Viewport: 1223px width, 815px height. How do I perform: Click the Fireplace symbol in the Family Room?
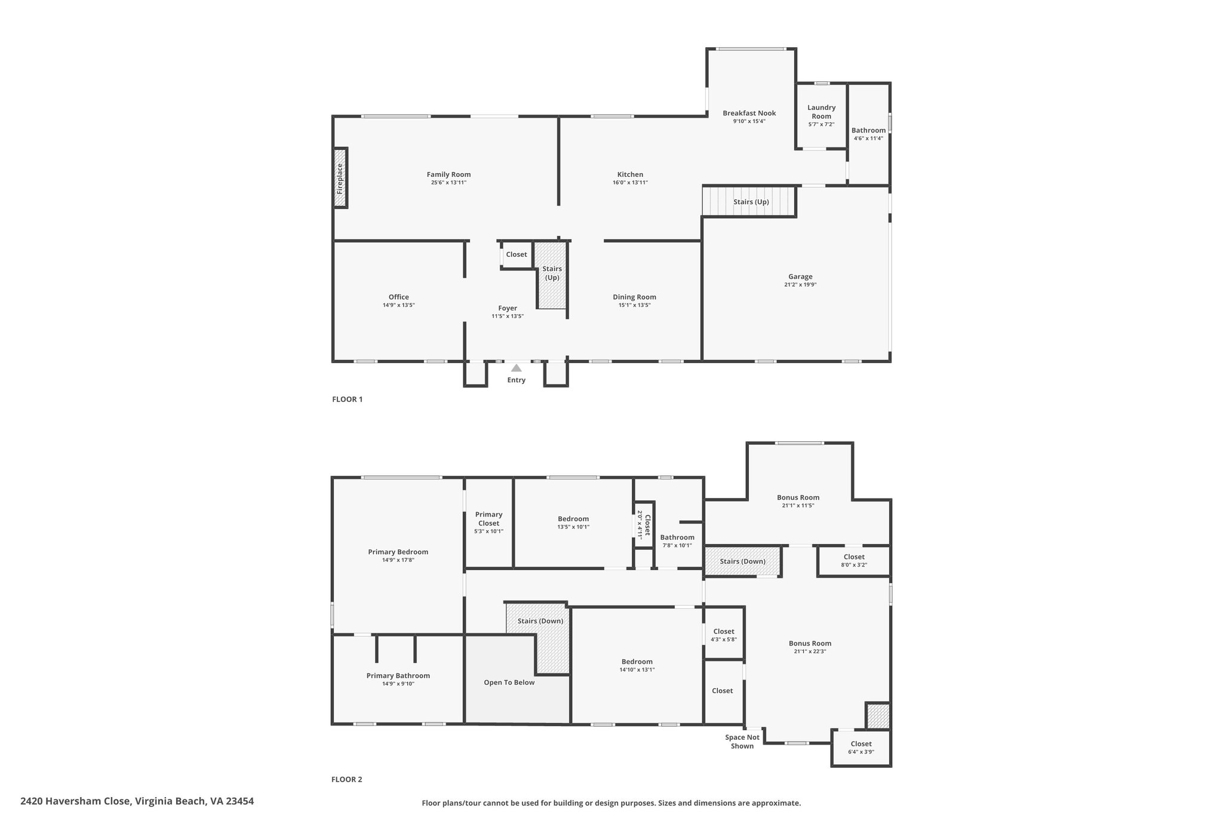tap(340, 178)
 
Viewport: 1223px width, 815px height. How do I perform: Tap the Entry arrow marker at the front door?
tap(517, 368)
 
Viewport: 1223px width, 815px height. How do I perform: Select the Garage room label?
tap(800, 276)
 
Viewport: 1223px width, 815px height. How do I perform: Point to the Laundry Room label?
tap(821, 112)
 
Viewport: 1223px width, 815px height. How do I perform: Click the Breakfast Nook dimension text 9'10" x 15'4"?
tap(749, 121)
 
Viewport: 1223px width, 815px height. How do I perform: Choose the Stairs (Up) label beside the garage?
tap(751, 202)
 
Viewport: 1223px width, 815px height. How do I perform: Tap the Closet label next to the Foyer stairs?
tap(517, 254)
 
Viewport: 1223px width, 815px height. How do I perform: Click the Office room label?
tap(399, 297)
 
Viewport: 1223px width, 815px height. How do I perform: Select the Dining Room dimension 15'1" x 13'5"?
tap(634, 305)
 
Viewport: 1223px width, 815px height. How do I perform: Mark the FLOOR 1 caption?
tap(347, 399)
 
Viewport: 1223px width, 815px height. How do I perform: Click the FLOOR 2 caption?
tap(347, 779)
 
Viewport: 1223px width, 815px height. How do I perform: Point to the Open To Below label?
tap(509, 682)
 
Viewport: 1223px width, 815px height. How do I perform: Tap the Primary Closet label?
tap(489, 519)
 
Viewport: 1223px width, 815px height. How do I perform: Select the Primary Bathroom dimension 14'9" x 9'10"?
tap(398, 684)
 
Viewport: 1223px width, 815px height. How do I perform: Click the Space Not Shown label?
tap(742, 742)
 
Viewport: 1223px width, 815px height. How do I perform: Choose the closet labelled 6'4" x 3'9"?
tap(861, 748)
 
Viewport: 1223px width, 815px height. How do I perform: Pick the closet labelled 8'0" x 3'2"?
tap(854, 561)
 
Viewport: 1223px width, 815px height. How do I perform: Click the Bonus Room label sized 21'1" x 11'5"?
tap(798, 501)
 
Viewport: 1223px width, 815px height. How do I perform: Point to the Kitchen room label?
tap(630, 174)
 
